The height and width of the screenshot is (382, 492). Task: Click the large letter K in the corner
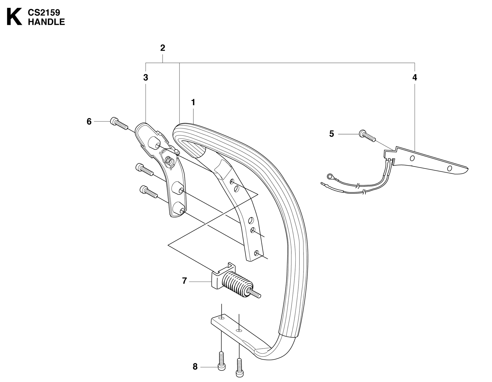pyautogui.click(x=14, y=17)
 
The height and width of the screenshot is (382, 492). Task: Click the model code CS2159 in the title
pyautogui.click(x=44, y=13)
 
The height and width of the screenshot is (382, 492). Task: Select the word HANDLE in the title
pyautogui.click(x=46, y=22)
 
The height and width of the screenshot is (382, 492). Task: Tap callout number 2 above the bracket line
pyautogui.click(x=163, y=48)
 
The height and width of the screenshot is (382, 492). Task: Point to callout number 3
pyautogui.click(x=146, y=78)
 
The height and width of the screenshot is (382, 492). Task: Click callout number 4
pyautogui.click(x=415, y=78)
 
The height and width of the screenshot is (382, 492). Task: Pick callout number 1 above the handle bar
pyautogui.click(x=193, y=102)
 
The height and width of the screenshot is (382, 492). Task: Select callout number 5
pyautogui.click(x=332, y=134)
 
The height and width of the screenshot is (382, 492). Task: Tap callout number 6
pyautogui.click(x=89, y=121)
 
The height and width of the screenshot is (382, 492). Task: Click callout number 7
pyautogui.click(x=185, y=281)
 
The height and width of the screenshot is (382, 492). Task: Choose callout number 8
pyautogui.click(x=195, y=367)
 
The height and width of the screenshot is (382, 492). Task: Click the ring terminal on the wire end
pyautogui.click(x=330, y=176)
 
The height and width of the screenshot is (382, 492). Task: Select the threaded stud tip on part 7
pyautogui.click(x=257, y=294)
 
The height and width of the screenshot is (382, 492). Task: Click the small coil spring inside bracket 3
pyautogui.click(x=169, y=160)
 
